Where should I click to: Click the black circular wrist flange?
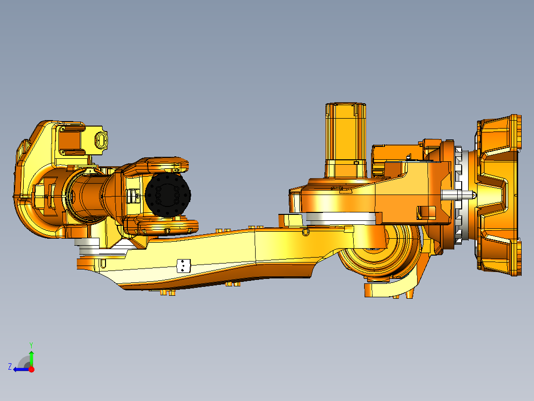tap(168, 196)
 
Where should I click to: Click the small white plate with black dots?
tap(184, 266)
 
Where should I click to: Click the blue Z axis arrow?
tap(21, 369)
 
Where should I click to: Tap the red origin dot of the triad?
tap(31, 369)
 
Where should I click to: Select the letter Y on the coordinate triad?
tap(31, 344)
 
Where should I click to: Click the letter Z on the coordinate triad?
tap(10, 367)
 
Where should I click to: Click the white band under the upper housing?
tap(342, 218)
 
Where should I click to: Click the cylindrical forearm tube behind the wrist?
tap(89, 196)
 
